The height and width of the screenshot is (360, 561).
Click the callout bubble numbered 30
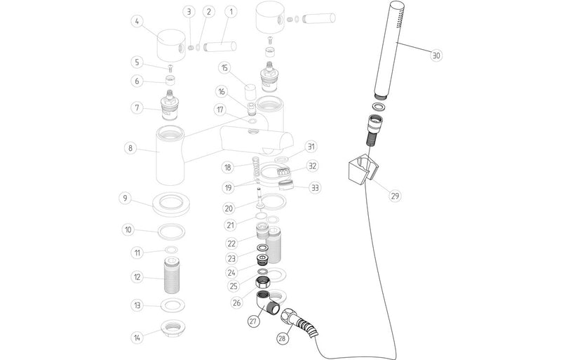click(437, 55)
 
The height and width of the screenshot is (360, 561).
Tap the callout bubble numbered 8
click(129, 148)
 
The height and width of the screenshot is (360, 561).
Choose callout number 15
click(224, 68)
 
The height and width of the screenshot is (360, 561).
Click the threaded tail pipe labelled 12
click(170, 278)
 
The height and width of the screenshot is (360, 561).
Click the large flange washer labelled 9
click(170, 203)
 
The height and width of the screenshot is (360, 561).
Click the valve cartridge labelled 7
click(170, 105)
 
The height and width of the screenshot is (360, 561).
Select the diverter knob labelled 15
click(249, 90)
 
